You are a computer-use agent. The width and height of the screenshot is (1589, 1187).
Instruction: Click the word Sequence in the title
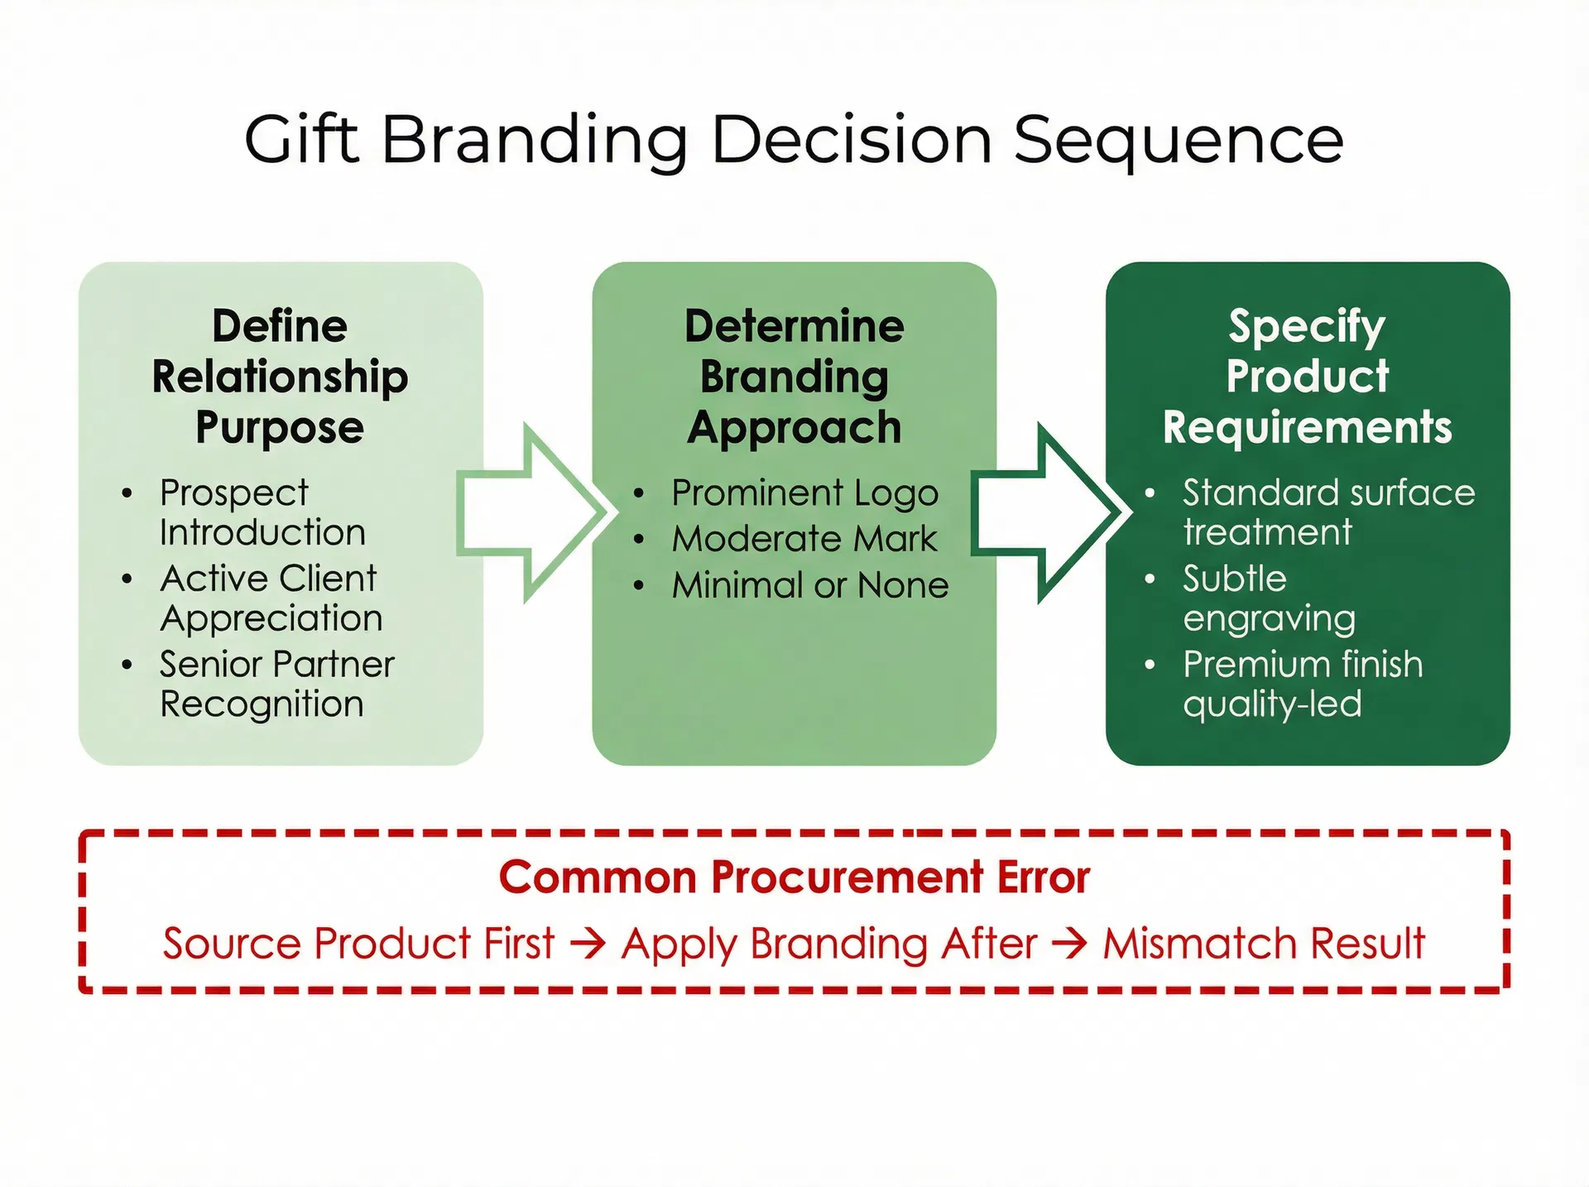tap(1178, 139)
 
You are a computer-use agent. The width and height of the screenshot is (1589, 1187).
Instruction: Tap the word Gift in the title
tap(301, 139)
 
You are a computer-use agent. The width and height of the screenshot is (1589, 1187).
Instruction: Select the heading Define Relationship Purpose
tap(280, 377)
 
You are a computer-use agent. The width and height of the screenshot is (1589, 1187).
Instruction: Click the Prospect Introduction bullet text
tap(262, 512)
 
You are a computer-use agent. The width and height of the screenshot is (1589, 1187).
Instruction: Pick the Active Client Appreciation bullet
tap(270, 598)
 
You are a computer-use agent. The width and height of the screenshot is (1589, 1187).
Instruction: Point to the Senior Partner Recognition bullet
tap(276, 684)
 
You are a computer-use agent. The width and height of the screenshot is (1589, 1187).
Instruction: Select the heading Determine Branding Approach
tap(794, 377)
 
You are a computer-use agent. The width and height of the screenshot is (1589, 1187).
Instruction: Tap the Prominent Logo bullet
tap(804, 493)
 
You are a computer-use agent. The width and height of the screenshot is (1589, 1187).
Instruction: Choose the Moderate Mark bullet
tap(804, 539)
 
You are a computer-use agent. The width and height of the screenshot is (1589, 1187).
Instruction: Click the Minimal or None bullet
tap(809, 585)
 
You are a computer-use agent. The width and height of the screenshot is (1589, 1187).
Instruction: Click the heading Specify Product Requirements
tap(1307, 377)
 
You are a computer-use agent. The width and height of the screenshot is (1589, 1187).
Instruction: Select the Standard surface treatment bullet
tap(1327, 512)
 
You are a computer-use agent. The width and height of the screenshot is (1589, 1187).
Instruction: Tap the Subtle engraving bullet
tap(1268, 598)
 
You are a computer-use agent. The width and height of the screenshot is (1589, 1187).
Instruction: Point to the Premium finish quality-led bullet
tap(1302, 684)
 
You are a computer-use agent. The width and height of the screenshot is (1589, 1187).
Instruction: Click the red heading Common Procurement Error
tap(794, 877)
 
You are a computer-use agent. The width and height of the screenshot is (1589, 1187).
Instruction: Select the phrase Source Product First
tap(358, 944)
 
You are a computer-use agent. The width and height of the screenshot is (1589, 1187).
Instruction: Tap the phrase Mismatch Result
tap(1264, 944)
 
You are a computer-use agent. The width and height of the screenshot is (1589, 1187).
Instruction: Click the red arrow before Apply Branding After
tap(588, 944)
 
